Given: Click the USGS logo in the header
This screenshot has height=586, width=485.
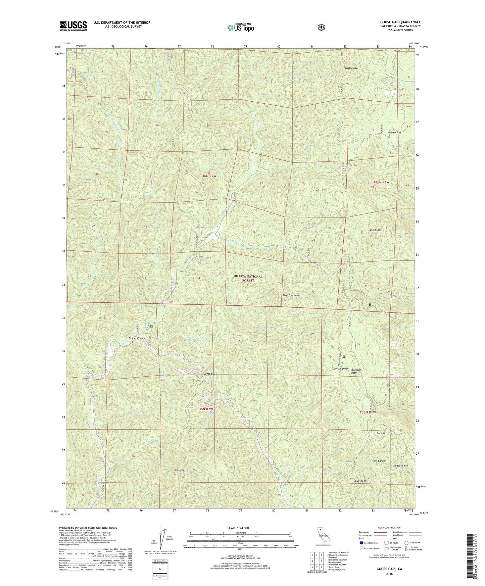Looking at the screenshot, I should tap(73, 26).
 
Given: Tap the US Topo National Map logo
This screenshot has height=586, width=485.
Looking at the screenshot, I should tap(240, 28).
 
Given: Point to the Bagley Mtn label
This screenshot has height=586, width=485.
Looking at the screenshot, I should tap(351, 68).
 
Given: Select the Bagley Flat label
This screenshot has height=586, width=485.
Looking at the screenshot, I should tap(394, 133).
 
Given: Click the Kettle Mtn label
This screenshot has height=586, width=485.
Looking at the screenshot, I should tap(376, 231).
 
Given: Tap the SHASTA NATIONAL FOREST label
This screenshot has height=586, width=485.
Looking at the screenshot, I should tap(248, 278).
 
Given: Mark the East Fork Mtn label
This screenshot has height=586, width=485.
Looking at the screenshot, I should tap(291, 295).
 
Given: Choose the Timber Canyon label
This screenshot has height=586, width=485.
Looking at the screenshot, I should tap(137, 338).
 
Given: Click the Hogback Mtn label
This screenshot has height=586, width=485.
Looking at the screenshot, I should tap(401, 466).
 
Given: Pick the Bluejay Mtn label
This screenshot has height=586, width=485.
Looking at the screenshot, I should tap(361, 481).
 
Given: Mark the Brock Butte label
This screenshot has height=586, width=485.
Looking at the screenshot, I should tap(181, 470).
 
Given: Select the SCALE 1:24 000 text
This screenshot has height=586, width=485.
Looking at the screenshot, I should tap(238, 528).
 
